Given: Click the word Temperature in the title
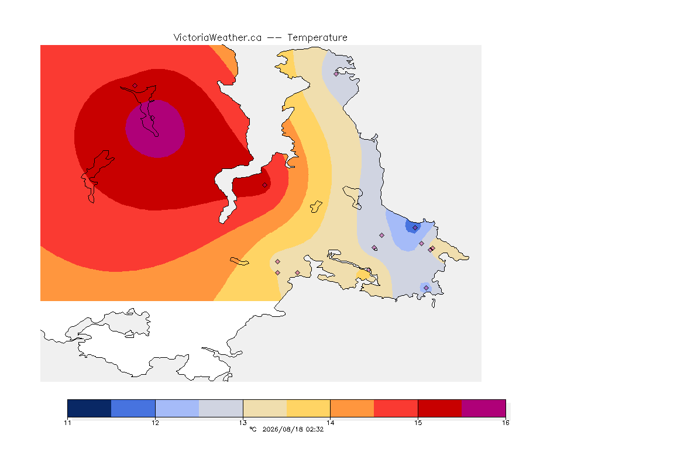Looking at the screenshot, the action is (x=317, y=38).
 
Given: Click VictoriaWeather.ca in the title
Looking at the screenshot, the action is (x=218, y=38).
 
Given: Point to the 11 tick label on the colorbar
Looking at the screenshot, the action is (x=67, y=423).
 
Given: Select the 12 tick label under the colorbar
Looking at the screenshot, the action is (x=155, y=423).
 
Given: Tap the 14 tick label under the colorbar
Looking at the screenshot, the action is (x=330, y=423).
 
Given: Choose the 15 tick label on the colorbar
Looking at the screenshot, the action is (x=418, y=423).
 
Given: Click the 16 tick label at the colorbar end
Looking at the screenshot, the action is (x=505, y=423).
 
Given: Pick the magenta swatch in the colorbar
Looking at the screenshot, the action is (x=484, y=408).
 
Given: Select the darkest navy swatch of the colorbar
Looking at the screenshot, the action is (x=90, y=408).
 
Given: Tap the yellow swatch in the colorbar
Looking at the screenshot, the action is (x=308, y=408).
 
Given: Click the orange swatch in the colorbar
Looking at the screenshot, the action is (x=352, y=408).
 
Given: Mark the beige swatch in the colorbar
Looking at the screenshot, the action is (x=265, y=408).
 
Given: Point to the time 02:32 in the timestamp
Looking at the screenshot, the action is (x=315, y=429).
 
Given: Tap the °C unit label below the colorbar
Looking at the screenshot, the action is (x=253, y=429).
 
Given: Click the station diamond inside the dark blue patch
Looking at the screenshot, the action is (x=415, y=228).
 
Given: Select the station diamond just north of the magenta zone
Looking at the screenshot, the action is (x=135, y=86).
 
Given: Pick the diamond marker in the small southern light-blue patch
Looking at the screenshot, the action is (x=426, y=288).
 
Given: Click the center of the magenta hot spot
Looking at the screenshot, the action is (x=155, y=129).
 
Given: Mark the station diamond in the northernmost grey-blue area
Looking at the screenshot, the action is (x=336, y=74).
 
